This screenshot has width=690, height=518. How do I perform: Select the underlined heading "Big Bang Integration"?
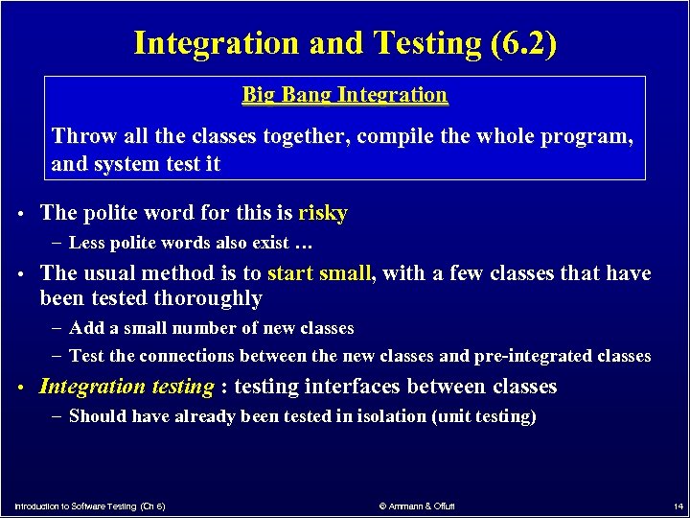pos(345,95)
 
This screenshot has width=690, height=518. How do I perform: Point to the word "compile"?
pos(395,136)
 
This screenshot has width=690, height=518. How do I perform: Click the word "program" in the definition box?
pos(590,136)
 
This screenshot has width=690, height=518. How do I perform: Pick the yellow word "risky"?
pos(323,213)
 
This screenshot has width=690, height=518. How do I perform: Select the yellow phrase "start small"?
pos(319,273)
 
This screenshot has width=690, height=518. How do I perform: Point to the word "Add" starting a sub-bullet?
pos(87,328)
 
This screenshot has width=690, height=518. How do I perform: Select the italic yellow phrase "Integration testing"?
pos(126,387)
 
